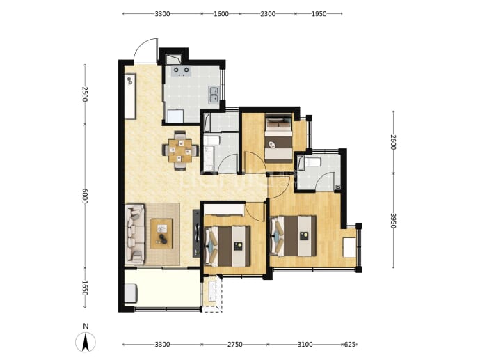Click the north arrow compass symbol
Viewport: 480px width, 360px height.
(x=86, y=342)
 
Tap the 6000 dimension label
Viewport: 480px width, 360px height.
(x=85, y=196)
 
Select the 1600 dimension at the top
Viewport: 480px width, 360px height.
(x=221, y=14)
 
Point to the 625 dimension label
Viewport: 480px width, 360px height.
(x=350, y=345)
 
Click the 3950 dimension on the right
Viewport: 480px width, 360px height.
(x=393, y=221)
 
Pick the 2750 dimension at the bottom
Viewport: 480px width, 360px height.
(x=235, y=345)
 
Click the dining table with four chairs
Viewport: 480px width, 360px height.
(x=180, y=150)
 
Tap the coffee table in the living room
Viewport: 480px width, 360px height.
(x=161, y=233)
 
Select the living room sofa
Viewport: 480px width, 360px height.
(x=135, y=234)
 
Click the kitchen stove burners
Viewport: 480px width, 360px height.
(x=182, y=71)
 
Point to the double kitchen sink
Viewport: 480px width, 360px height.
(x=214, y=95)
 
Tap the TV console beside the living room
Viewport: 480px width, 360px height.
(x=196, y=233)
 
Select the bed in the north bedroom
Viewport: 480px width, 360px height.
(x=278, y=138)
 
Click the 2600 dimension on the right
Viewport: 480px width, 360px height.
(x=393, y=142)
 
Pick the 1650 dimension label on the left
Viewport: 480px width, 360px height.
(x=85, y=288)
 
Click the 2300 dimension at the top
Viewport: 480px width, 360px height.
(x=268, y=14)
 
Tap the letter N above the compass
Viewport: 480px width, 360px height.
(x=86, y=326)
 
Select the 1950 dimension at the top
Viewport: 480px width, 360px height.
(x=319, y=14)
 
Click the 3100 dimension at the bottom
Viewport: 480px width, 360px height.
(x=305, y=345)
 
